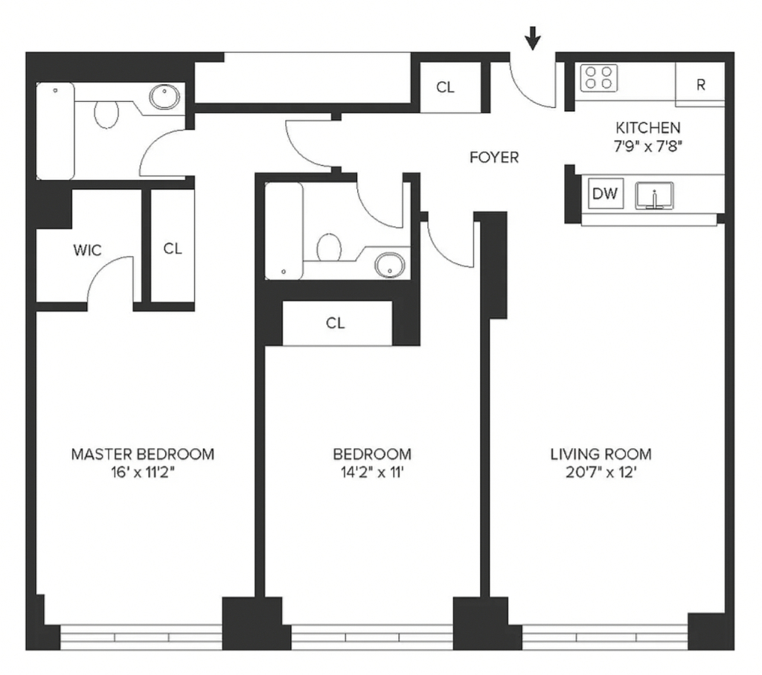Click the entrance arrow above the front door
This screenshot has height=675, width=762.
coord(533,38)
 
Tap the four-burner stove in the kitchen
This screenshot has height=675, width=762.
coord(599,77)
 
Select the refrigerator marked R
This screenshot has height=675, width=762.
coord(700,85)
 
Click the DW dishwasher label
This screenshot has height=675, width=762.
coord(605,193)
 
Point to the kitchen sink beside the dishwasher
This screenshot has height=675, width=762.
coord(655,196)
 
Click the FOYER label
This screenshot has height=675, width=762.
coord(494,158)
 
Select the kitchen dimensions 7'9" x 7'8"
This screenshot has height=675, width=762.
coord(648,146)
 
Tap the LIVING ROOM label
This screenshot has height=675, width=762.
coord(601,455)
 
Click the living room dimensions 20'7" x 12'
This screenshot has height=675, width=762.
coord(601,472)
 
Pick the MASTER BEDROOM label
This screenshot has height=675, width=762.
coord(142,455)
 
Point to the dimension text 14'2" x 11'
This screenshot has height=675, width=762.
coord(372,472)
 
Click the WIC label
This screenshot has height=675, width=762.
coord(88,250)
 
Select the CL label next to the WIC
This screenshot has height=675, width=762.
coord(173,249)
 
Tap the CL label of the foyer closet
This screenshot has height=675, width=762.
coord(445,88)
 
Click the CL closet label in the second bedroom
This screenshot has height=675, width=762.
coord(336,323)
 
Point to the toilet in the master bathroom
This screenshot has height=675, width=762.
coord(106,114)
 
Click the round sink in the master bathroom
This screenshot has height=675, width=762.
coord(164,97)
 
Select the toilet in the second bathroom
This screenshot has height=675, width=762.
coord(329,247)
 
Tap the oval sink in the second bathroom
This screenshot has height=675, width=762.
coord(390,265)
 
